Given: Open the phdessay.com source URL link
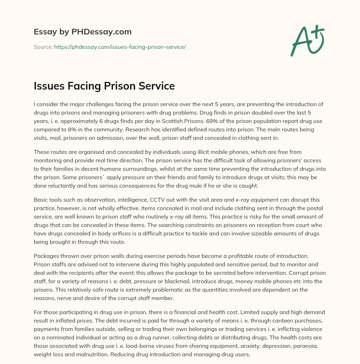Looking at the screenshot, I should point(120,47).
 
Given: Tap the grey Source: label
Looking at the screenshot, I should point(43,47).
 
